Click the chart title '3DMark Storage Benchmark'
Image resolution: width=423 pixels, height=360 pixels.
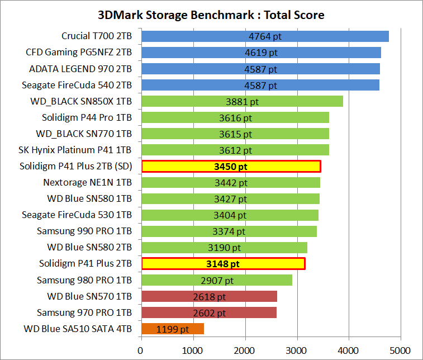pyautogui.click(x=211, y=15)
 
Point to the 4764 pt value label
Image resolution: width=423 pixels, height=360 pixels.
pyautogui.click(x=265, y=37)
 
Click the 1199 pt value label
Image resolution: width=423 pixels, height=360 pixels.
pyautogui.click(x=173, y=329)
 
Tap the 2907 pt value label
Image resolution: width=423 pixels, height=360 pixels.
pyautogui.click(x=217, y=280)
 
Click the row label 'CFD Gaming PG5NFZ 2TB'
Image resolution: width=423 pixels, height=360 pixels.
pyautogui.click(x=79, y=53)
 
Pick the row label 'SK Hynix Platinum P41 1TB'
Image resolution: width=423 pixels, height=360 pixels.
pyautogui.click(x=75, y=150)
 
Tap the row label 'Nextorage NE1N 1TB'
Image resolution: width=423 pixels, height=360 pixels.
pyautogui.click(x=88, y=183)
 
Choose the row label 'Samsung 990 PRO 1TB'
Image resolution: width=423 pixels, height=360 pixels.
pyautogui.click(x=84, y=231)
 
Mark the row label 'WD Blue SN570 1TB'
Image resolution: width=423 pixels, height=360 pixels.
pyautogui.click(x=89, y=296)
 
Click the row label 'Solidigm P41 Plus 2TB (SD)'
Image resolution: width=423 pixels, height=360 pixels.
pyautogui.click(x=75, y=166)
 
